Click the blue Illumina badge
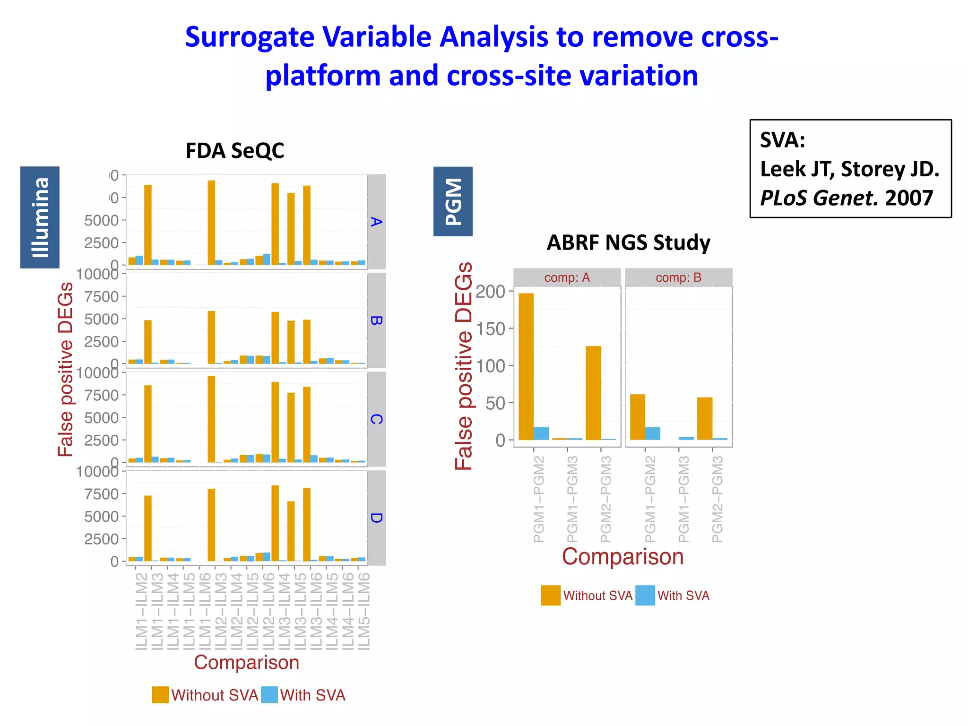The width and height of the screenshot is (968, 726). [x=40, y=217]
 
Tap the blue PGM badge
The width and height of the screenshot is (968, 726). [x=453, y=201]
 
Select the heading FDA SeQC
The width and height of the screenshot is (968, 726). [x=235, y=151]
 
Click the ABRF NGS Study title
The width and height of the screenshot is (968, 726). [x=628, y=242]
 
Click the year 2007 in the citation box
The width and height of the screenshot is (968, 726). [x=909, y=198]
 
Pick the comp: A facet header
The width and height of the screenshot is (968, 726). [x=567, y=277]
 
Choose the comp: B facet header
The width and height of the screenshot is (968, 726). [x=678, y=277]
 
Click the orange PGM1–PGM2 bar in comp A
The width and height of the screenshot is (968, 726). [x=526, y=366]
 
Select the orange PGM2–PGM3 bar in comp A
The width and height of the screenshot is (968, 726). [x=593, y=393]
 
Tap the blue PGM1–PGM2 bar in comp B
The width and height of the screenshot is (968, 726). [x=653, y=433]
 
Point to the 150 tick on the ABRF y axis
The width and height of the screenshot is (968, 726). [x=491, y=328]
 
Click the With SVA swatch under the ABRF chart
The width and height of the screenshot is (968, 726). [x=645, y=596]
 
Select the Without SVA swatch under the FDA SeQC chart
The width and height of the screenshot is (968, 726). [x=160, y=695]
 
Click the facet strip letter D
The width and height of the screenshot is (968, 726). [x=376, y=518]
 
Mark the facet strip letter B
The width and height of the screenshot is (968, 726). [x=376, y=320]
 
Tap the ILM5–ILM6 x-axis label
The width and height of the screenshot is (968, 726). [x=363, y=611]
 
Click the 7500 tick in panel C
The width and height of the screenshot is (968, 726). [x=101, y=395]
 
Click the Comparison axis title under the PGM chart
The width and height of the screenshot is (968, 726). [x=622, y=557]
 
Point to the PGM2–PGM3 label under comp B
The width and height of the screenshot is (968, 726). [x=717, y=499]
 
